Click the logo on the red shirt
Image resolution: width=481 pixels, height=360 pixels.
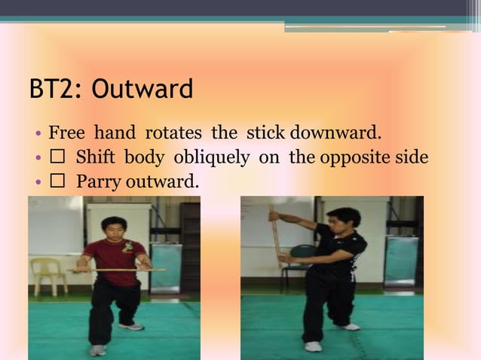[127, 247]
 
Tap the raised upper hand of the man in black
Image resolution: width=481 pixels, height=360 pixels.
[275, 216]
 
